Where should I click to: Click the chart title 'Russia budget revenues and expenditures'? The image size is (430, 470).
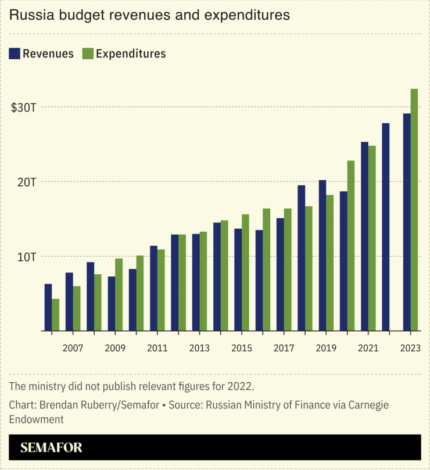149,16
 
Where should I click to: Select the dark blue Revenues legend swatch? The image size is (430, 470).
15,53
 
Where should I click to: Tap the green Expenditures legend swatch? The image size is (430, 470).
88,53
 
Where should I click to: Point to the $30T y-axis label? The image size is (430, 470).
24,107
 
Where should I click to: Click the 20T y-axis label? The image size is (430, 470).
26,182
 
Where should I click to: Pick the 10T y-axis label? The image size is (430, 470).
26,256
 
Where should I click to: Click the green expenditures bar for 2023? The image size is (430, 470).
414,210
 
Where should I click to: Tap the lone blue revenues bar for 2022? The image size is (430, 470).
386,227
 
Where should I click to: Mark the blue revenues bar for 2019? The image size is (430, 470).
322,256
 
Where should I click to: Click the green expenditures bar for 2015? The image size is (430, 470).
245,272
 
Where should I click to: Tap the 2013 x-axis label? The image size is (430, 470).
199,348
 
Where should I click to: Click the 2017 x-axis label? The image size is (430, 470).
284,348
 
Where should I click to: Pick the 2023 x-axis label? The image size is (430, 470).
410,348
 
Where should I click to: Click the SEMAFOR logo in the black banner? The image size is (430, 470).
51,447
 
